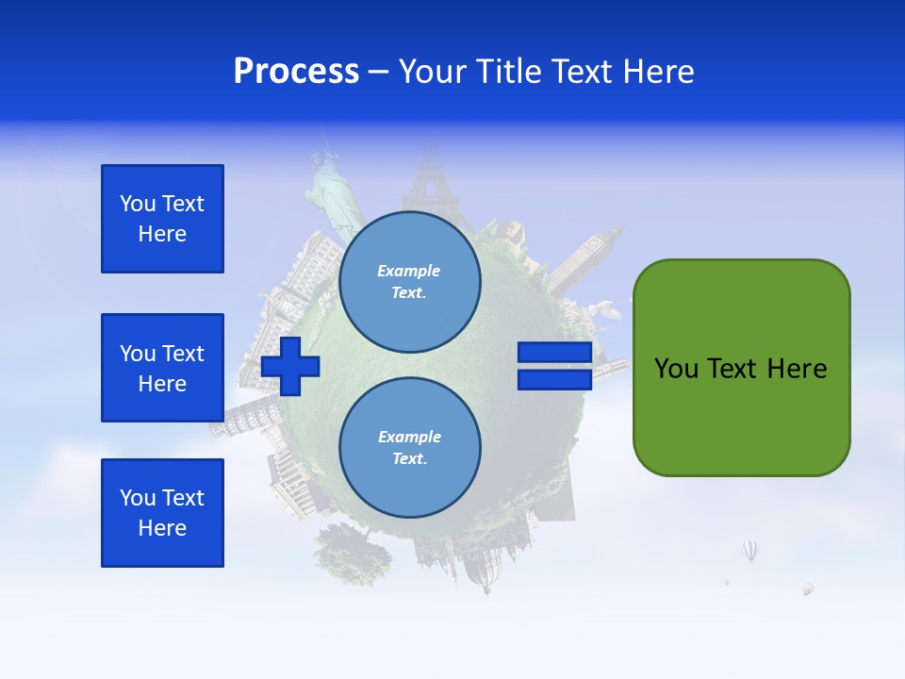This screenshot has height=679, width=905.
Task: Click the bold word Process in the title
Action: click(x=296, y=72)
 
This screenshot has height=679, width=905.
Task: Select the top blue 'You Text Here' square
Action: click(x=162, y=219)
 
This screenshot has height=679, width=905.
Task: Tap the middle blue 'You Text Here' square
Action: click(x=162, y=368)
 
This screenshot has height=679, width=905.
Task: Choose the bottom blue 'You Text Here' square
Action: click(x=162, y=513)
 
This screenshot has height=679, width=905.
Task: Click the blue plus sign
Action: click(x=290, y=366)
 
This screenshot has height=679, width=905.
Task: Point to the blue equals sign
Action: click(x=554, y=366)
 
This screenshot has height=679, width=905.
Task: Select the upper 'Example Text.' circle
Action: click(x=409, y=281)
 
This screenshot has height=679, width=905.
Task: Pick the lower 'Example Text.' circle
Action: click(x=409, y=447)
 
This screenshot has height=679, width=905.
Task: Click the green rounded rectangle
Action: click(x=741, y=368)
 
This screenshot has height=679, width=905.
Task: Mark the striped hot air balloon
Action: click(x=750, y=550)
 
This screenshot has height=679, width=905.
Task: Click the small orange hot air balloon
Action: click(x=808, y=588)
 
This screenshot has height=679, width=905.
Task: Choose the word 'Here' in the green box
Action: click(x=797, y=369)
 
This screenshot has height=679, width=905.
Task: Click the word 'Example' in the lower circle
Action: click(x=409, y=437)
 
